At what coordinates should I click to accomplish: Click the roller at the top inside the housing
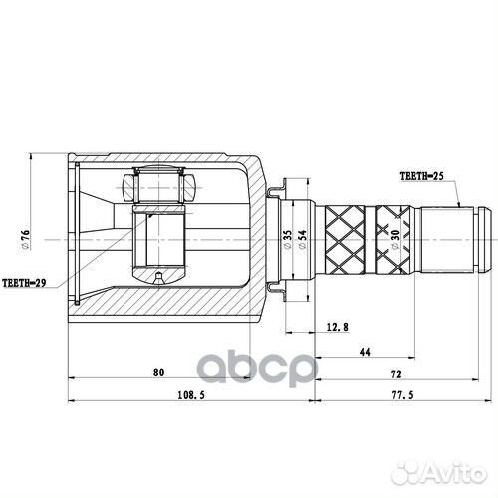(159, 185)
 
